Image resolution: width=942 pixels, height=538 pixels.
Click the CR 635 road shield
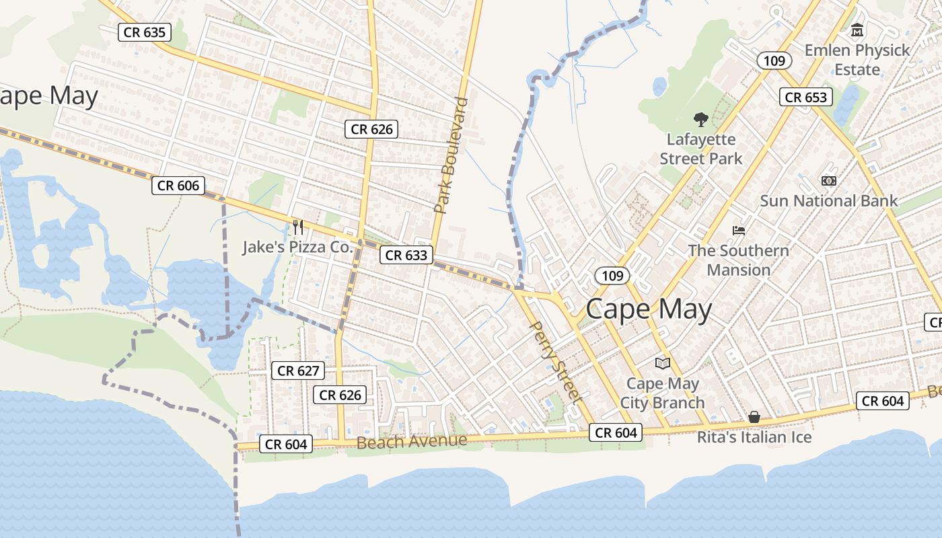pyautogui.click(x=145, y=32)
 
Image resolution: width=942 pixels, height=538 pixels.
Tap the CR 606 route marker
pyautogui.click(x=178, y=186)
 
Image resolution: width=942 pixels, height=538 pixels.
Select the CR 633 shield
pyautogui.click(x=405, y=255)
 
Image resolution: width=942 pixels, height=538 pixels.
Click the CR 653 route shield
pyautogui.click(x=805, y=97)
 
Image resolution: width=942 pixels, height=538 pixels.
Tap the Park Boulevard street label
pyautogui.click(x=451, y=155)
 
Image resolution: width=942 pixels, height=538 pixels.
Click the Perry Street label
pyautogui.click(x=556, y=362)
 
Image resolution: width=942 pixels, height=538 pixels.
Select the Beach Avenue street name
pyautogui.click(x=411, y=442)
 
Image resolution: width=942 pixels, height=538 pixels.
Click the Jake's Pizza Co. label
pyautogui.click(x=297, y=247)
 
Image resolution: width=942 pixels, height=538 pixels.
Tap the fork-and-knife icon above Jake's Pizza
pyautogui.click(x=298, y=227)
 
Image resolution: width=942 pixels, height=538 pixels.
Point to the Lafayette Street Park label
pyautogui.click(x=701, y=149)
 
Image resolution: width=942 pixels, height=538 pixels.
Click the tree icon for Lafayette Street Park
pyautogui.click(x=701, y=120)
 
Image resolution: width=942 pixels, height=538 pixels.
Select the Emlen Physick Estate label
pyautogui.click(x=857, y=60)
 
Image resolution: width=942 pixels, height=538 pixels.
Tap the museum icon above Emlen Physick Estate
pyautogui.click(x=857, y=30)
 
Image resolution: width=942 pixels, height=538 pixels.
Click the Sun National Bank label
pyautogui.click(x=828, y=200)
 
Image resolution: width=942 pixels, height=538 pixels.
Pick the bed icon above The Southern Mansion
pyautogui.click(x=739, y=231)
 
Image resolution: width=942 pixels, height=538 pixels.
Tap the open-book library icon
pyautogui.click(x=663, y=363)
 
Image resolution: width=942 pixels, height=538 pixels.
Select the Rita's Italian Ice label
pyautogui.click(x=754, y=437)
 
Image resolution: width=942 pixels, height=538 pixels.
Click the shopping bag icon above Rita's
pyautogui.click(x=754, y=418)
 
